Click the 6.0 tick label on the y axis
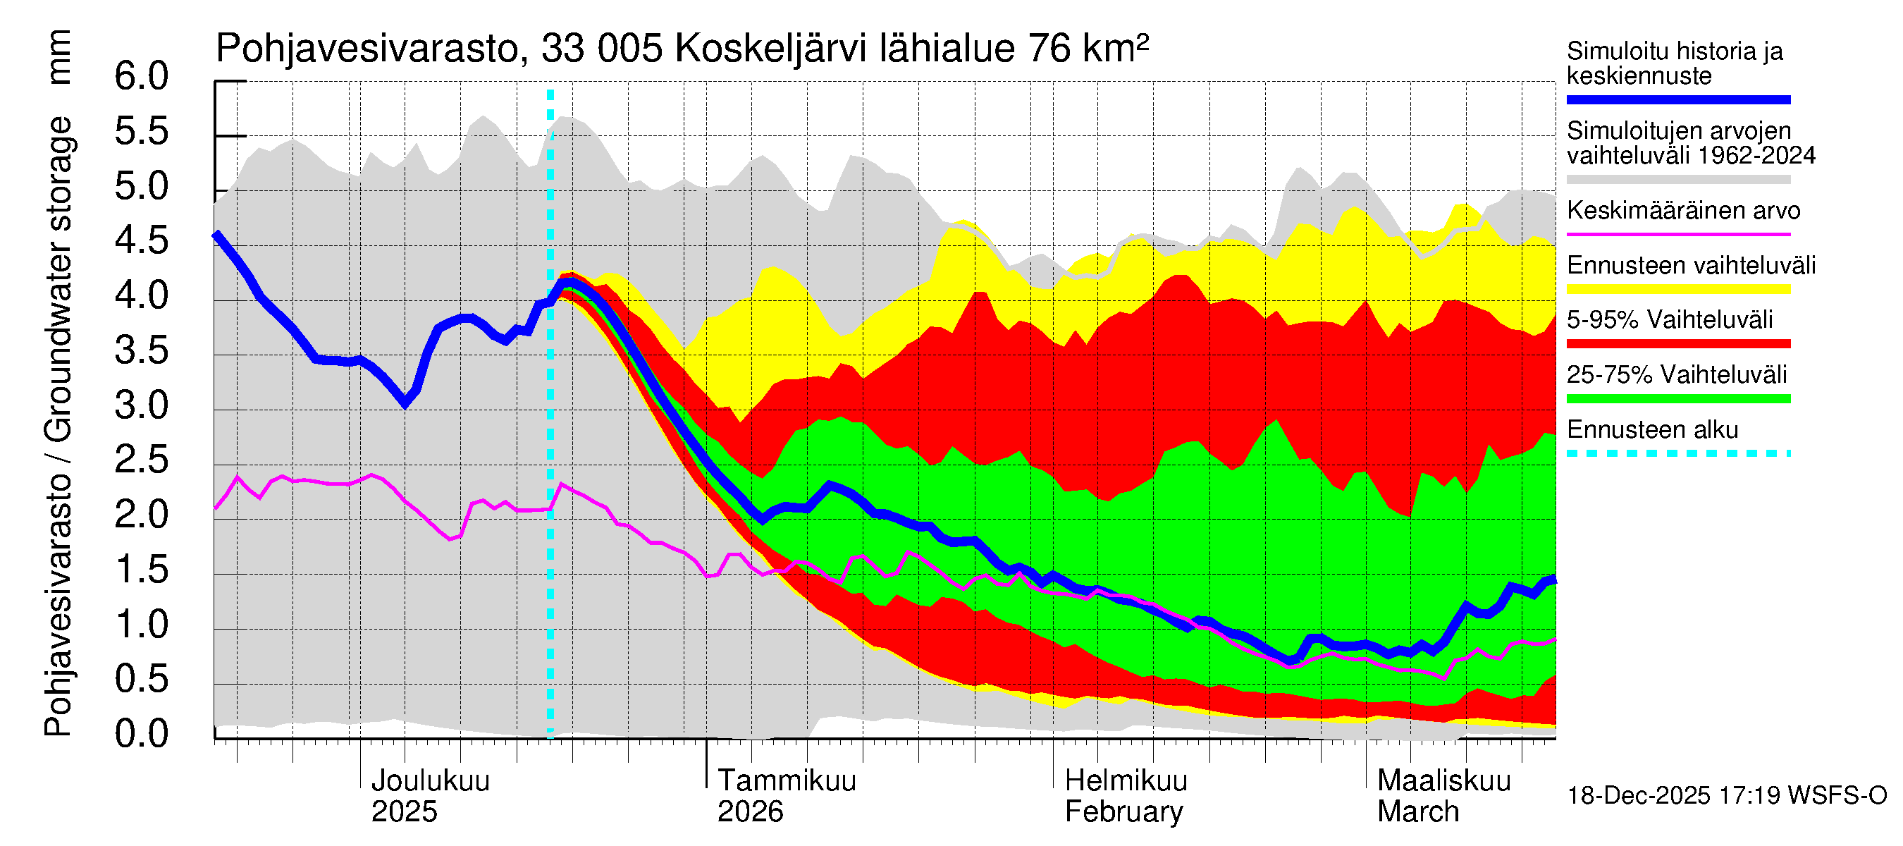141,77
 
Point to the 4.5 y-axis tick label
141,242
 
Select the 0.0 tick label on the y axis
141,735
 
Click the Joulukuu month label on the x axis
430,781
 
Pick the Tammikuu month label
786,781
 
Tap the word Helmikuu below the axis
1126,781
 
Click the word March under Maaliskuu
1417,812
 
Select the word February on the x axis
1123,812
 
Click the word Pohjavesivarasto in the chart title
367,49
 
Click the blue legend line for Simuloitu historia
1677,99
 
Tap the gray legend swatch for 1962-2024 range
1677,180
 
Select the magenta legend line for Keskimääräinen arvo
1677,234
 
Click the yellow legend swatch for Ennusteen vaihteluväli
1677,289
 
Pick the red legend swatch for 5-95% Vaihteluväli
1677,343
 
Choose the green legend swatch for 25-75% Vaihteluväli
1677,399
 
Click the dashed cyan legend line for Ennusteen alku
1677,453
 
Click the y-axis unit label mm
58,57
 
